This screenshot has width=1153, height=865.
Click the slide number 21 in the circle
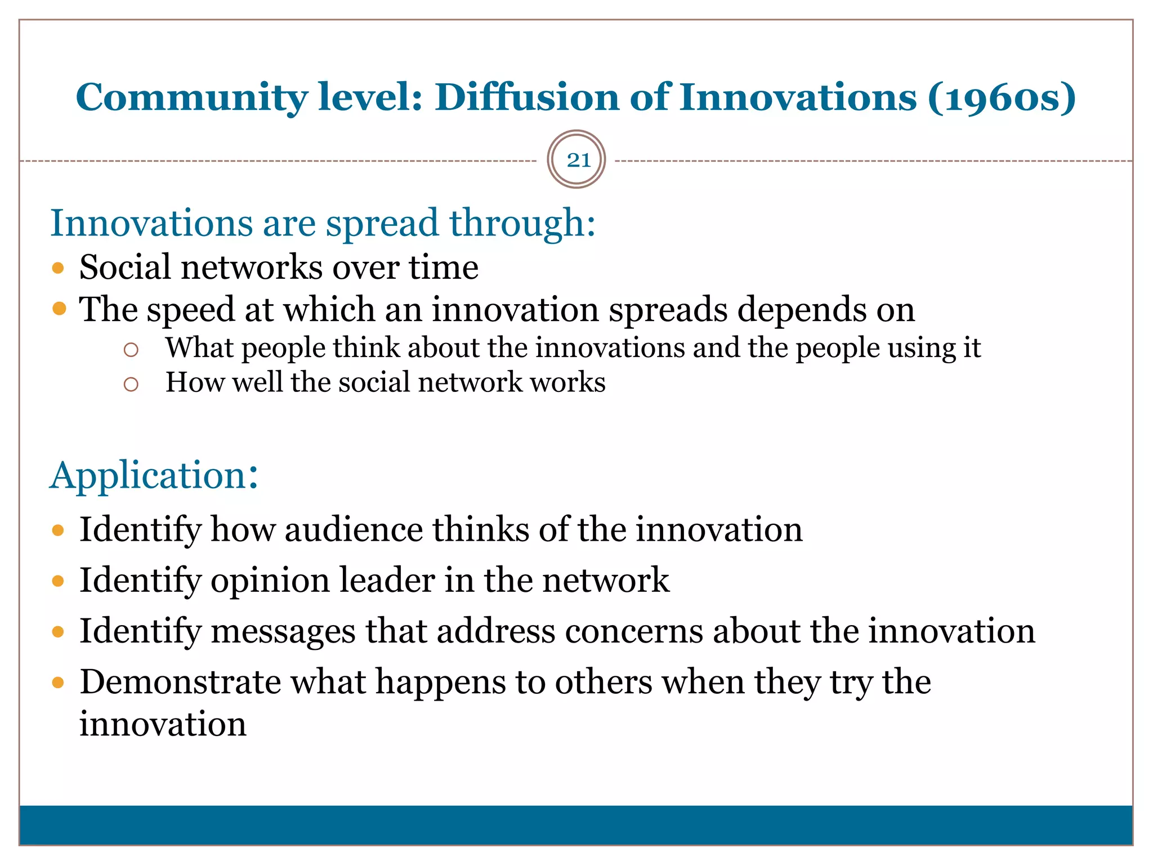[x=578, y=160]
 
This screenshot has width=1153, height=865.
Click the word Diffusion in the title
[x=527, y=97]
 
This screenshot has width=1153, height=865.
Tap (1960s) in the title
[x=1002, y=97]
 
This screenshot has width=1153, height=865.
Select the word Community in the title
[x=192, y=97]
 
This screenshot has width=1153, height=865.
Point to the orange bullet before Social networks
[x=58, y=267]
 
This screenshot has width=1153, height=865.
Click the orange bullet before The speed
[x=59, y=309]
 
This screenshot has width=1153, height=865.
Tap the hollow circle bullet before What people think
[x=131, y=350]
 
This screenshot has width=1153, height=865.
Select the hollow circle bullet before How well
[x=131, y=384]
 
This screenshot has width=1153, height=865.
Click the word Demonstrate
[x=180, y=682]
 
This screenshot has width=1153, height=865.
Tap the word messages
[x=283, y=631]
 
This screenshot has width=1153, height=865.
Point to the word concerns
[x=634, y=631]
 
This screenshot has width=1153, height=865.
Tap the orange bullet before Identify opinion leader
[x=58, y=581]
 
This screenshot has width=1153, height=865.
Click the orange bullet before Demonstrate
[x=58, y=683]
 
